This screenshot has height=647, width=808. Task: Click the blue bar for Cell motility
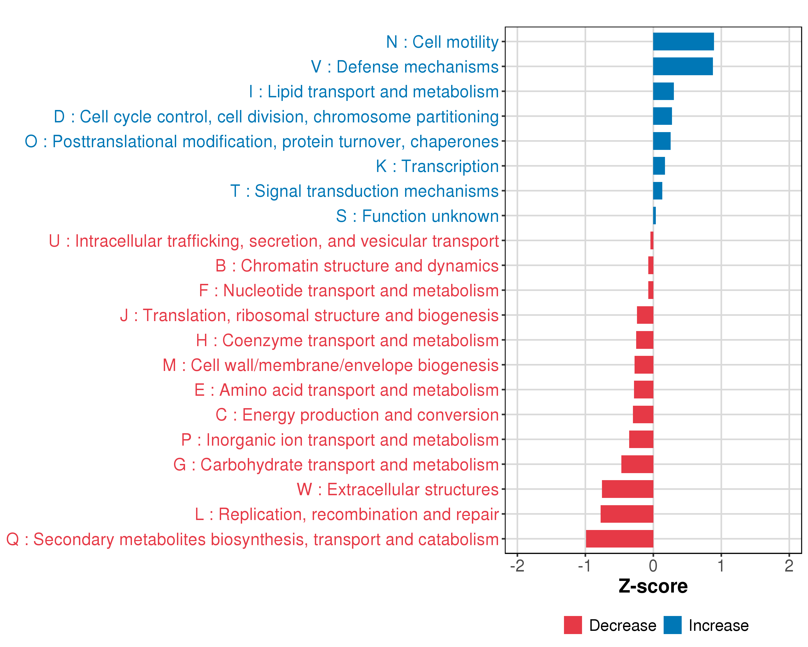coord(683,42)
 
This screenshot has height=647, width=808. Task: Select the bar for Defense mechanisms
coord(683,66)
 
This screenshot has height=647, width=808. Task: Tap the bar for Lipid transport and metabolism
coord(663,91)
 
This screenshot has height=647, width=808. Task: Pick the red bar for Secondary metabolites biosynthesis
coord(619,539)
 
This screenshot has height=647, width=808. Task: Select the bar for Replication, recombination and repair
coord(627,514)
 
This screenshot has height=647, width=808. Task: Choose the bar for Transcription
coord(659,166)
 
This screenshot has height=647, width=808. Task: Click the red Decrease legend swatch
coord(573,625)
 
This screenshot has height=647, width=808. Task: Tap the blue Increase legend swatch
coord(672,625)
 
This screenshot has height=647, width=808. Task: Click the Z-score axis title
coord(653,586)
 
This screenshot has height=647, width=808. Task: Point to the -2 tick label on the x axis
coord(517,566)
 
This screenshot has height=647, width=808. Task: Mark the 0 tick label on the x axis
coord(653,566)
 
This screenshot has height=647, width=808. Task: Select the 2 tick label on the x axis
coord(789,566)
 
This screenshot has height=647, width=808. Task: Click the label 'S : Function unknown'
coord(417,216)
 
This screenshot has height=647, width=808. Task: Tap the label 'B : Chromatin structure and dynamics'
coord(357,266)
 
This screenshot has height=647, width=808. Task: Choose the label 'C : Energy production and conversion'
coord(357,415)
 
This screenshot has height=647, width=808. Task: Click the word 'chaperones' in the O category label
coord(454,142)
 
